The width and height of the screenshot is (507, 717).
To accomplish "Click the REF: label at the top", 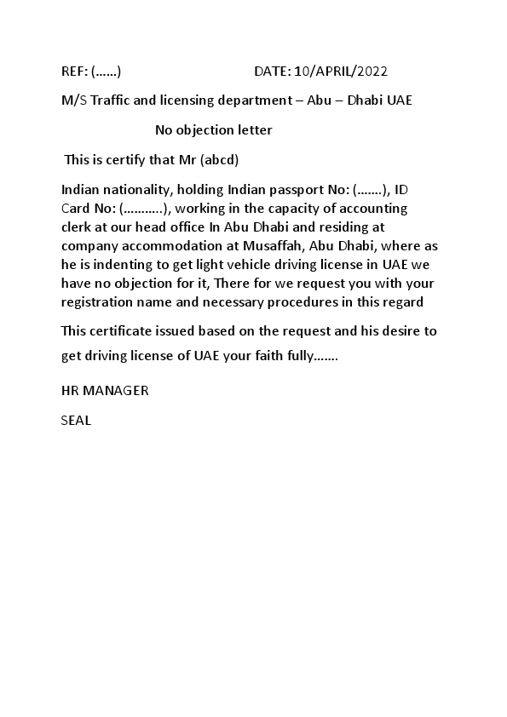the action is pyautogui.click(x=74, y=72).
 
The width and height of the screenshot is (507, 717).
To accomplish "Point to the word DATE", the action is pyautogui.click(x=272, y=72).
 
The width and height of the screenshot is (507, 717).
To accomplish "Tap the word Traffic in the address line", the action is pyautogui.click(x=111, y=100).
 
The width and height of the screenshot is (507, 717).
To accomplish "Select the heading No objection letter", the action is pyautogui.click(x=213, y=130).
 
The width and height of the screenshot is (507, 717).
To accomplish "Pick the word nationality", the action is pyautogui.click(x=132, y=189).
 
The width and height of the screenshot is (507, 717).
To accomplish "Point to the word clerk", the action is pyautogui.click(x=77, y=227).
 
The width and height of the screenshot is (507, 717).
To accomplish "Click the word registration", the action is pyautogui.click(x=95, y=301).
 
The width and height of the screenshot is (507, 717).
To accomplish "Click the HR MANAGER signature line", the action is pyautogui.click(x=105, y=391).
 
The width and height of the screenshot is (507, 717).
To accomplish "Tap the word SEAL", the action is pyautogui.click(x=76, y=420).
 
